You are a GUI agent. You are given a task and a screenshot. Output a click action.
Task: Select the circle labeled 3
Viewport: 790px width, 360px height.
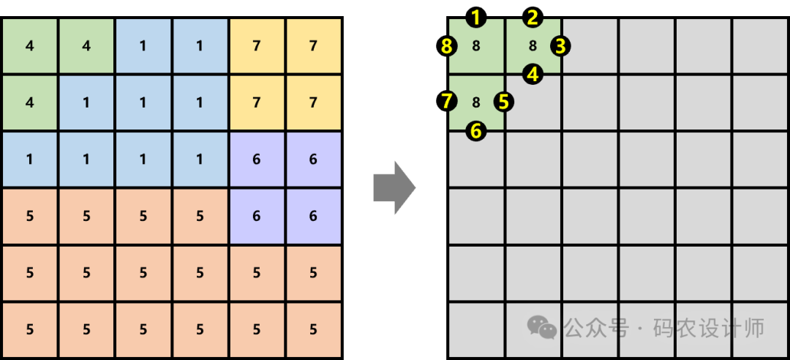[x=560, y=46]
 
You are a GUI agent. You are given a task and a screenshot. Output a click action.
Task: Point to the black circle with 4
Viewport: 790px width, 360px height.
[x=533, y=74]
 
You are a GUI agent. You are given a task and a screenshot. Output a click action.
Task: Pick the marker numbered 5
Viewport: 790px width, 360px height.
[x=503, y=102]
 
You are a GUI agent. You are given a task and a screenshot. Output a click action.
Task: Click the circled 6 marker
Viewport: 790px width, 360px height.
[x=476, y=131]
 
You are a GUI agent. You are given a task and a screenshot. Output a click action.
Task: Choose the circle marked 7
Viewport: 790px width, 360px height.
[x=448, y=102]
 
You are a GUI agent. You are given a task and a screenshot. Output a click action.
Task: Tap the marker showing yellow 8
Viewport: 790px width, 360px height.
[x=448, y=46]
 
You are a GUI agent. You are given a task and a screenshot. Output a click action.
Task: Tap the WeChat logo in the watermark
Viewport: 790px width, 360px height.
[x=542, y=328]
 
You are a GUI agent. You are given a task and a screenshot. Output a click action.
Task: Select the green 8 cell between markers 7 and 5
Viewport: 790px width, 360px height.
[x=476, y=102]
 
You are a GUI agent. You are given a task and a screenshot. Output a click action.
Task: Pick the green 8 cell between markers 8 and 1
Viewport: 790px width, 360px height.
[x=476, y=46]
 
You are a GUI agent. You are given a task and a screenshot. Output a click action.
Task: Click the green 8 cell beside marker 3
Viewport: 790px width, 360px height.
[x=533, y=46]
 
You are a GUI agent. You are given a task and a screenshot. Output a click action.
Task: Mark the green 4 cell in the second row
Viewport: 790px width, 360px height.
[x=29, y=102]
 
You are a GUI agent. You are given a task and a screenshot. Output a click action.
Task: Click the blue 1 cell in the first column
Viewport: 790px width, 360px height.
[x=29, y=160]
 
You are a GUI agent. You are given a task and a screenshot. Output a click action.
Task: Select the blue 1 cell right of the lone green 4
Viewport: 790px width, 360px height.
[x=86, y=102]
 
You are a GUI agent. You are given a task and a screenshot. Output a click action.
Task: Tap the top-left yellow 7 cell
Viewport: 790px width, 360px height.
[x=256, y=46]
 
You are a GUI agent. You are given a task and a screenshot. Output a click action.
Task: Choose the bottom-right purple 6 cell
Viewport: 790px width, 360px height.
[x=313, y=216]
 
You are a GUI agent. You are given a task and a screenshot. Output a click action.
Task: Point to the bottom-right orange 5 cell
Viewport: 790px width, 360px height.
[x=313, y=329]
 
